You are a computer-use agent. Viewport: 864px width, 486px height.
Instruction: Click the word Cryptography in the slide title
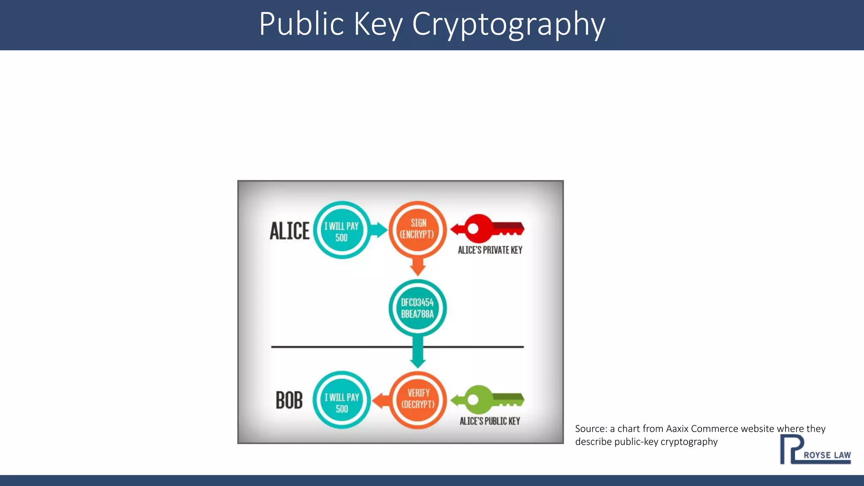tap(508, 24)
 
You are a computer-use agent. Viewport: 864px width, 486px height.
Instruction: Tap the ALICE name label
tap(289, 231)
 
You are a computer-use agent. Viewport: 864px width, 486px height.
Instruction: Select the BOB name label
tap(289, 400)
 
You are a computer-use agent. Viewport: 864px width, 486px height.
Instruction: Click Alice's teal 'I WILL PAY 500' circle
tap(342, 230)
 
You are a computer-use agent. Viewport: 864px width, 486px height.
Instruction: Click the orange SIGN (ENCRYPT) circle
tap(417, 229)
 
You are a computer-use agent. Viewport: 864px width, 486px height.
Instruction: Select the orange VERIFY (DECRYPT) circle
tap(418, 399)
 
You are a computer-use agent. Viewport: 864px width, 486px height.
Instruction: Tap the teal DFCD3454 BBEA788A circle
tap(417, 308)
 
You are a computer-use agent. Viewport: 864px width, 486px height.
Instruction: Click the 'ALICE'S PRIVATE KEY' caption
tap(490, 250)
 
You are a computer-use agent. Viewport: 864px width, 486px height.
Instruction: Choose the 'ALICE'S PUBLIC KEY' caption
tap(490, 421)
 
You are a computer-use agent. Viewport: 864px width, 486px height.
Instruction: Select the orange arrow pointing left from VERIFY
tap(382, 400)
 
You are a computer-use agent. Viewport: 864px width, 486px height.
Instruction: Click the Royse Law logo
tap(815, 450)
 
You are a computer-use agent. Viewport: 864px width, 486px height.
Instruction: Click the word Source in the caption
tap(591, 429)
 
